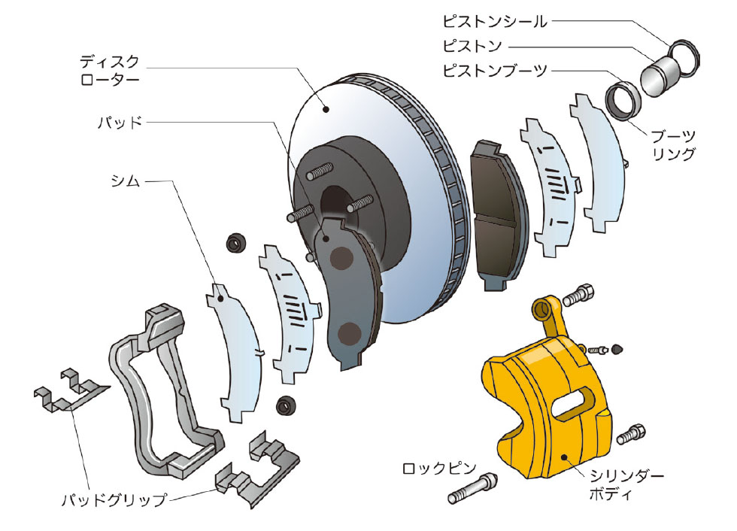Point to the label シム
(127, 181)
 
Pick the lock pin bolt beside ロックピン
(472, 490)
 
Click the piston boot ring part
(623, 98)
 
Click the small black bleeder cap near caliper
(617, 348)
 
